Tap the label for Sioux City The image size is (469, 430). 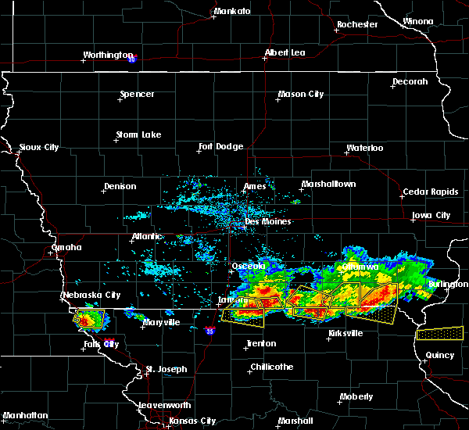(x=39, y=147)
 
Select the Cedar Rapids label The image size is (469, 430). (x=426, y=192)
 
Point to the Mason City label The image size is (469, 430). (x=301, y=95)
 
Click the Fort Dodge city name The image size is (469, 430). (x=221, y=146)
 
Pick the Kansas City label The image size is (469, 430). (x=192, y=421)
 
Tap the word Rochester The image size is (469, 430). (x=357, y=24)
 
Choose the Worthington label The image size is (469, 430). (x=109, y=56)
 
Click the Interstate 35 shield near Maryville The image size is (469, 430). (x=209, y=331)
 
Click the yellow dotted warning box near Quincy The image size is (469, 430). (x=439, y=333)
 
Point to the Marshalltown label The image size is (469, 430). (x=328, y=185)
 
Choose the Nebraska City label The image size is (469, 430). (x=91, y=296)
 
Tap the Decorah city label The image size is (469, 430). (x=410, y=81)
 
